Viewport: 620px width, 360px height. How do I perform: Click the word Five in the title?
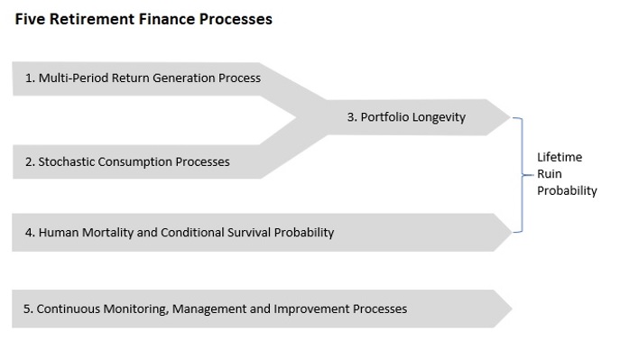(29, 19)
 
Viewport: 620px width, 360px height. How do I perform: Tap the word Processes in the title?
(237, 19)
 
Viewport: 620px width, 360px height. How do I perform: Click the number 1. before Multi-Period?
(30, 78)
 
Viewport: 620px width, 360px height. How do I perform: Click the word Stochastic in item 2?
(68, 162)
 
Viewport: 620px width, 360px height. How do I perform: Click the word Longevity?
(440, 117)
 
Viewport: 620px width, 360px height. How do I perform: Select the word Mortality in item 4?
(114, 233)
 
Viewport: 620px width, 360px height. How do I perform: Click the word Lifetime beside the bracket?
(559, 157)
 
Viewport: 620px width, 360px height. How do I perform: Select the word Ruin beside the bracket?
(550, 174)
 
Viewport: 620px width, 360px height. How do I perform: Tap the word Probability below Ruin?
(566, 191)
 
